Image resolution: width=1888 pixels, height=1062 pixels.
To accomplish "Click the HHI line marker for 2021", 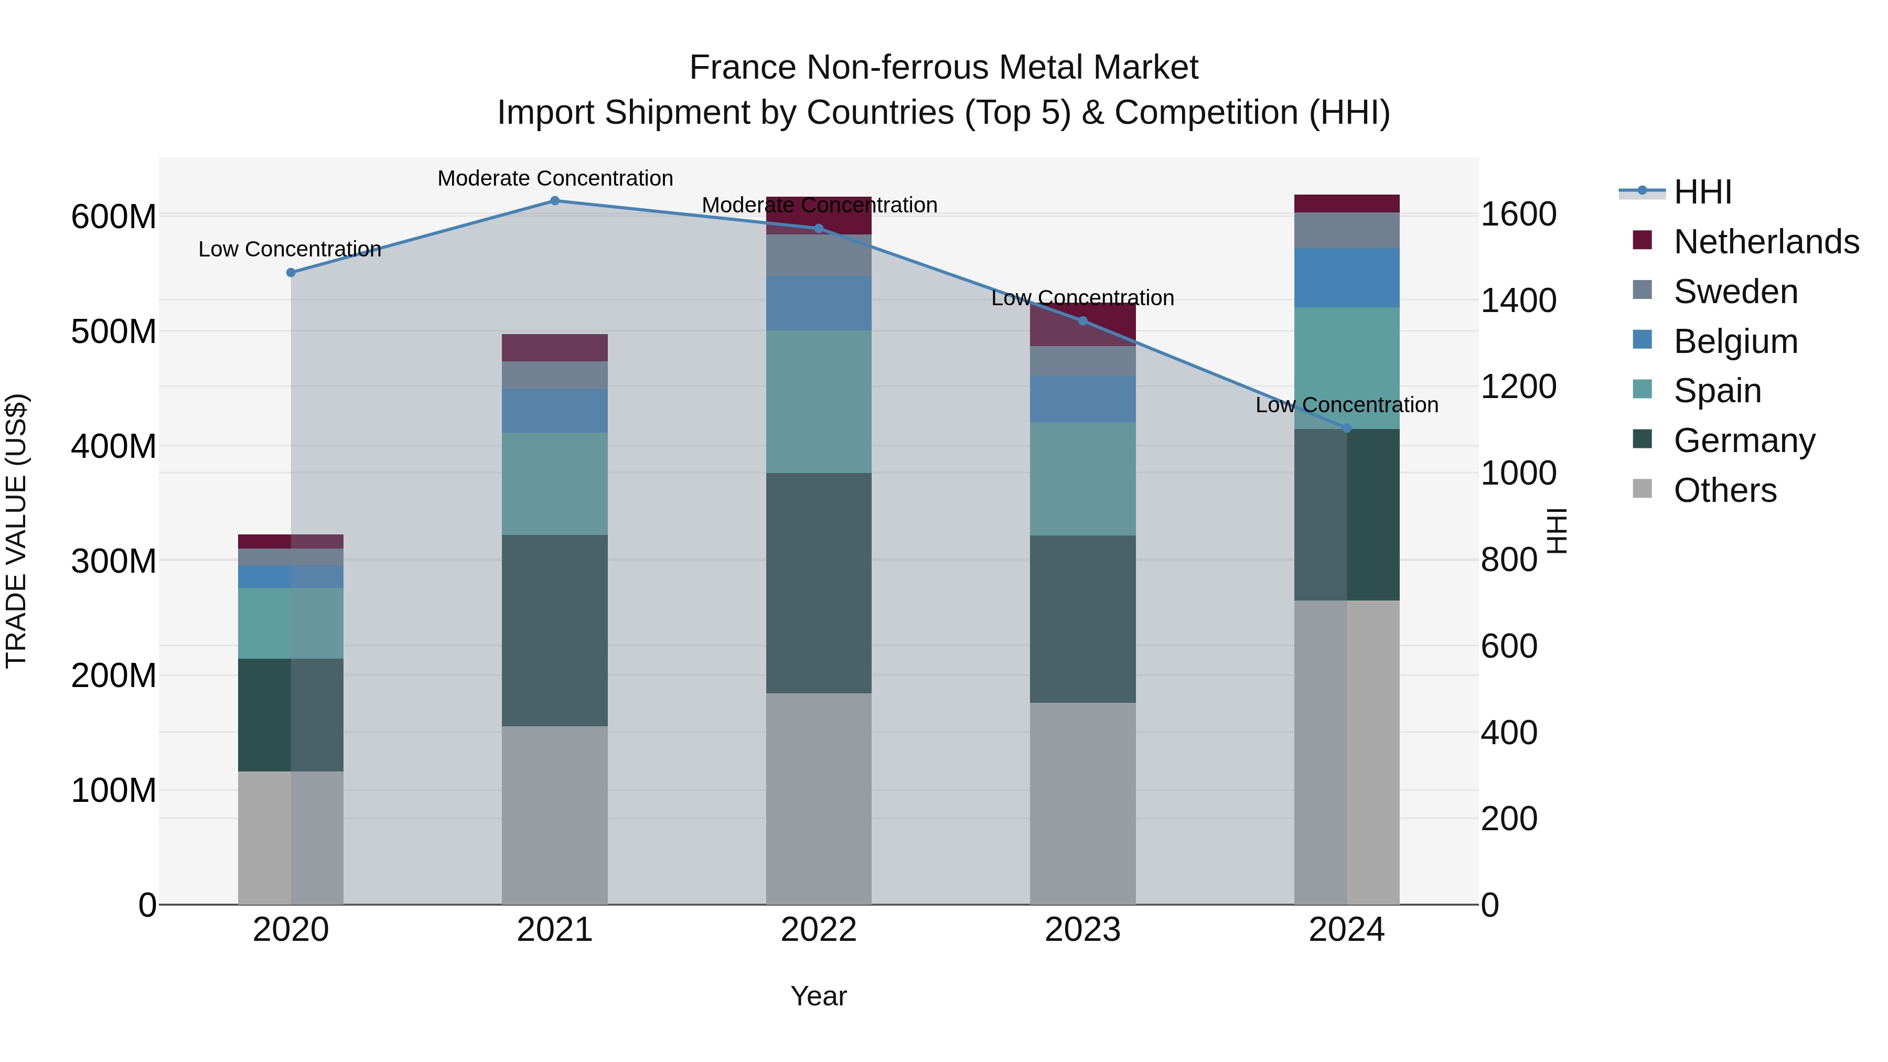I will pyautogui.click(x=555, y=201).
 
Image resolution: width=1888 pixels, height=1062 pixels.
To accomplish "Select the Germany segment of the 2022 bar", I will pyautogui.click(x=819, y=583).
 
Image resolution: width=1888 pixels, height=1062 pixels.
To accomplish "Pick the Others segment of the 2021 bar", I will pyautogui.click(x=555, y=815).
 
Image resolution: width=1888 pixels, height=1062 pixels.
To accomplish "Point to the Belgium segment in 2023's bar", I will pyautogui.click(x=1082, y=399).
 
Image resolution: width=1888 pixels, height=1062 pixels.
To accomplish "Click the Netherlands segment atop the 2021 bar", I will pyautogui.click(x=555, y=347).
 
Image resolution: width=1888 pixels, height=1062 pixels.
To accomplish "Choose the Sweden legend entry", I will pyautogui.click(x=1735, y=292).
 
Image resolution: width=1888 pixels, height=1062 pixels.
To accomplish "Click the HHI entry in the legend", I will pyautogui.click(x=1702, y=192).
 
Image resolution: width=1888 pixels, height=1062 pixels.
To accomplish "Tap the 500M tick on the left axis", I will pyautogui.click(x=114, y=331).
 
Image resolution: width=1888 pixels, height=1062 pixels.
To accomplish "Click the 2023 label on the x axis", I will pyautogui.click(x=1082, y=930).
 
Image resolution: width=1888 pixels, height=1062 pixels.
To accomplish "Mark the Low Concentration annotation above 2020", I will pyautogui.click(x=289, y=249).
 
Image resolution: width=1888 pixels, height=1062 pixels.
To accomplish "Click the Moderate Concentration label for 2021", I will pyautogui.click(x=555, y=178).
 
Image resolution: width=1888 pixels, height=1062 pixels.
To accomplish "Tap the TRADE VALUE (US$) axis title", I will pyautogui.click(x=16, y=531).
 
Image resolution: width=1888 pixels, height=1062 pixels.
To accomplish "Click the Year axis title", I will pyautogui.click(x=819, y=996).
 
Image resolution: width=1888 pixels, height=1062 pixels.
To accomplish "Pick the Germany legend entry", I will pyautogui.click(x=1744, y=441).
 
